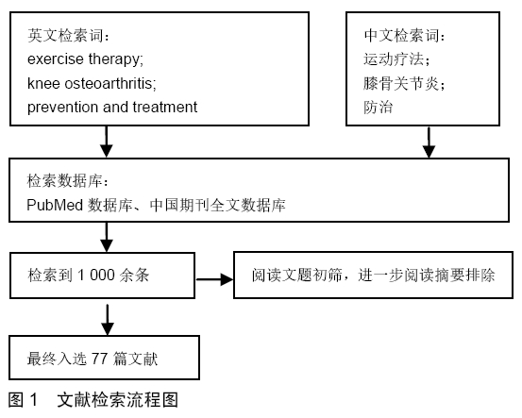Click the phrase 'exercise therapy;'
point(85,59)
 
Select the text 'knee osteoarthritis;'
point(92,83)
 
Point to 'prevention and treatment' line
point(112,108)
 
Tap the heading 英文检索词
point(64,35)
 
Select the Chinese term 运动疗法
point(394,59)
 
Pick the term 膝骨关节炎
point(400,83)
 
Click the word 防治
point(379,108)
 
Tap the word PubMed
point(55,205)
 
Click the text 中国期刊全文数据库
point(217,205)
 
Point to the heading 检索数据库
point(64,181)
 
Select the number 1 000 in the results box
point(96,276)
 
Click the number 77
point(99,359)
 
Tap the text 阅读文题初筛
point(296,276)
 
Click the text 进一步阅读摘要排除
point(427,276)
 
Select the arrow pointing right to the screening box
point(214,279)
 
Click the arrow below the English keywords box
point(107,142)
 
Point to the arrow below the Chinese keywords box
point(429,142)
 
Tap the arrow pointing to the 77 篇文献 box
point(108,320)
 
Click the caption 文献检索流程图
point(117,400)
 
